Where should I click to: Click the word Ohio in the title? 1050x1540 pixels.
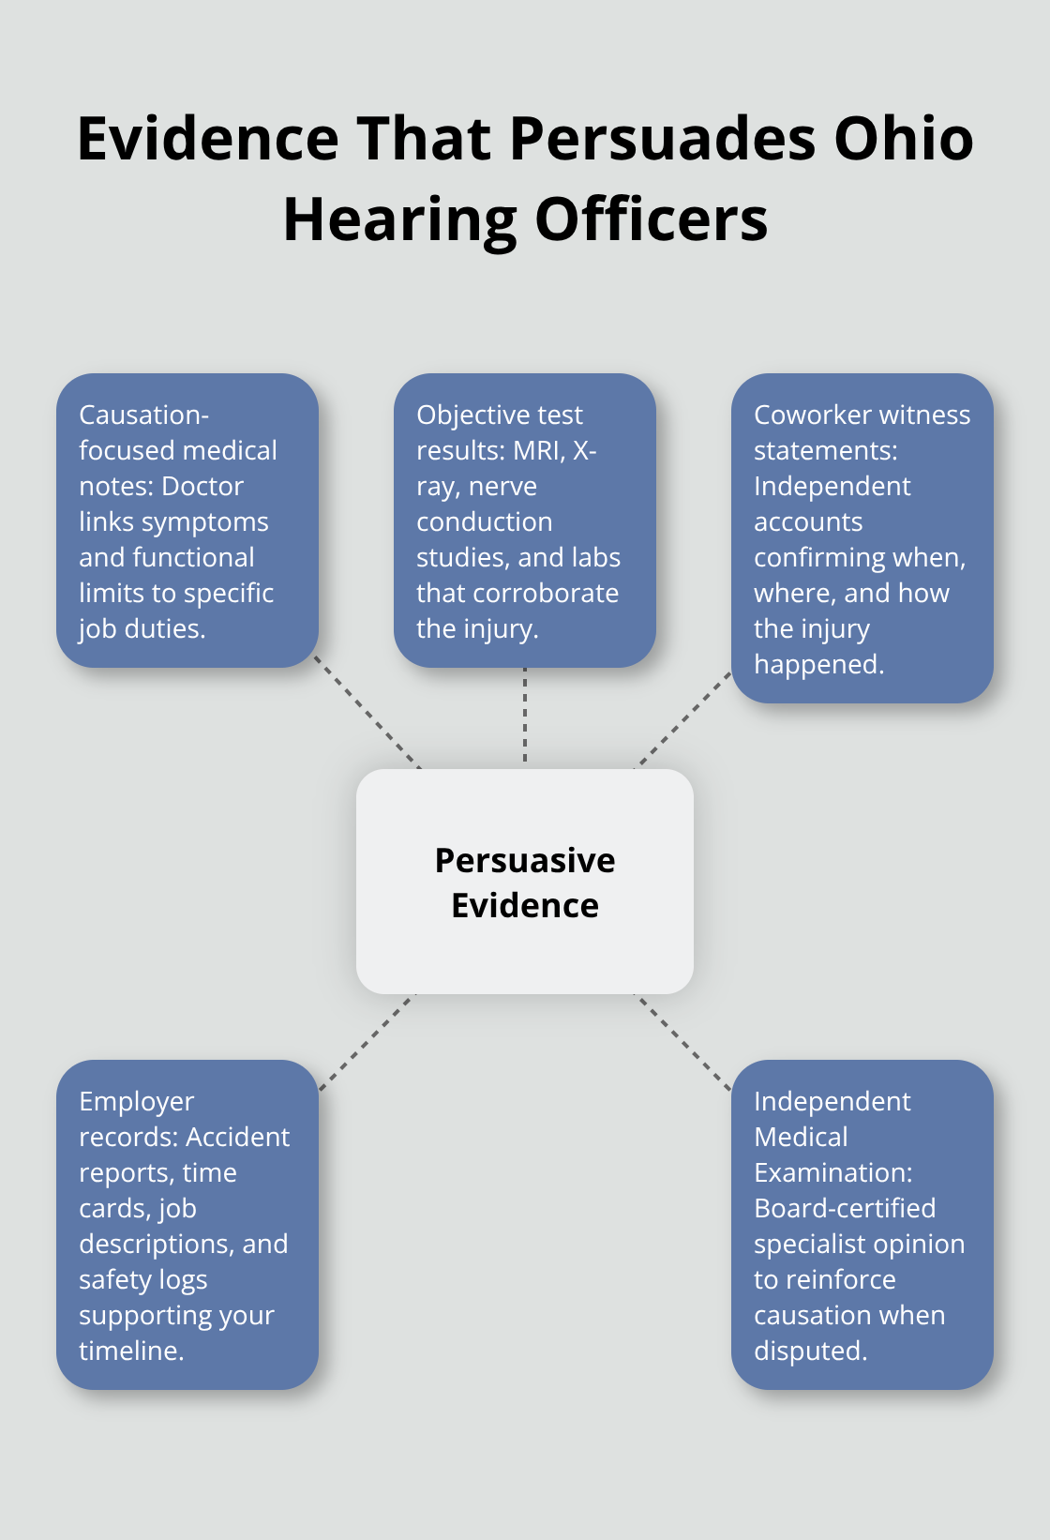click(x=904, y=139)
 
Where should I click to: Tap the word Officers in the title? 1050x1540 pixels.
click(x=651, y=219)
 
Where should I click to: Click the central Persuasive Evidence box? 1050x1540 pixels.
click(x=525, y=882)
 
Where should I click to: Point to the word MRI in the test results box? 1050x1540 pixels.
click(x=537, y=450)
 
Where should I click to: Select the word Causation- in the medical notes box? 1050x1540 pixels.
click(x=143, y=415)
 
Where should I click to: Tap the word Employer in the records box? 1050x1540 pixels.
click(x=137, y=1101)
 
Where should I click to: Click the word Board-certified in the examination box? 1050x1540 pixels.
click(x=845, y=1208)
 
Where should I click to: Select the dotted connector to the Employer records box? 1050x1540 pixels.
click(x=367, y=1042)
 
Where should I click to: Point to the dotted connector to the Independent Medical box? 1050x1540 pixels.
click(x=684, y=1042)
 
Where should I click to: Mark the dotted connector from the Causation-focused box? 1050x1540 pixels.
click(x=367, y=712)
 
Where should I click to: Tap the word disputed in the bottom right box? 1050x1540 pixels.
click(x=809, y=1351)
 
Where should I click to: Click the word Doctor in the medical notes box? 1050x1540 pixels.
click(x=202, y=486)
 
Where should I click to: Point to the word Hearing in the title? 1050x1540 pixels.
click(x=399, y=219)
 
